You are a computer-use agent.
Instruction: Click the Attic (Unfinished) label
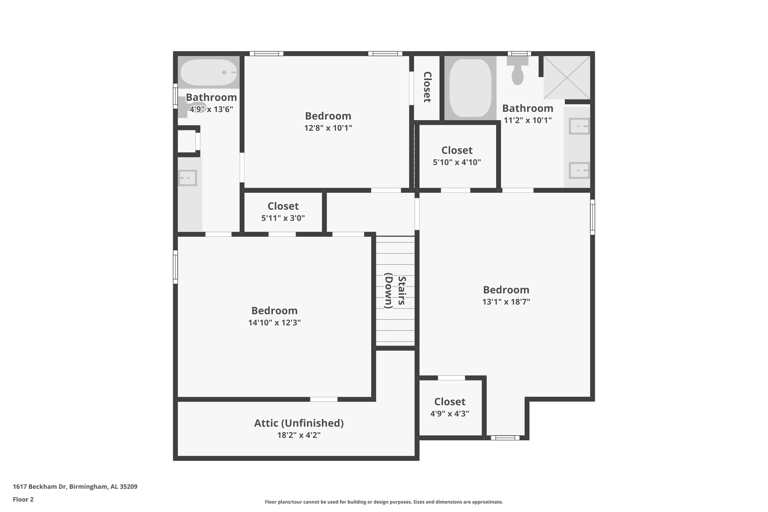point(299,423)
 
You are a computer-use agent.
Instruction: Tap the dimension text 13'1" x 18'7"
point(506,302)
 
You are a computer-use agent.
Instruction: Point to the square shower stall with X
point(567,77)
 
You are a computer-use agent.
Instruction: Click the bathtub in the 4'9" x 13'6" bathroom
point(208,72)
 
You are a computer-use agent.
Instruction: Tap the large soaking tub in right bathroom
point(470,89)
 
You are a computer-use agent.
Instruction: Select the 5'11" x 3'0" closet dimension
point(283,218)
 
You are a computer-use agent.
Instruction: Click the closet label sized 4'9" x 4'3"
point(450,402)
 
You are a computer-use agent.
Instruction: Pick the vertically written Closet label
point(427,87)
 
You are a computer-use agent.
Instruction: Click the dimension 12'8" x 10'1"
point(328,128)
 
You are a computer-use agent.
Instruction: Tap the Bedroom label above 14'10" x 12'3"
point(274,311)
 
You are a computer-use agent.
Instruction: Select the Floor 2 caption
point(23,499)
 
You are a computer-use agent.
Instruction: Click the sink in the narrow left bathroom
point(187,178)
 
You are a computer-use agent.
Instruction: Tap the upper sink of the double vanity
point(579,126)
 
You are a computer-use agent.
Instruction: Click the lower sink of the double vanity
point(579,170)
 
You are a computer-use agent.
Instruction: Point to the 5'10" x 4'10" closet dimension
point(457,162)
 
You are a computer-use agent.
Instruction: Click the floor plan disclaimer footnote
point(384,502)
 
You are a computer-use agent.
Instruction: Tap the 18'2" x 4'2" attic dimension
point(299,435)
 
